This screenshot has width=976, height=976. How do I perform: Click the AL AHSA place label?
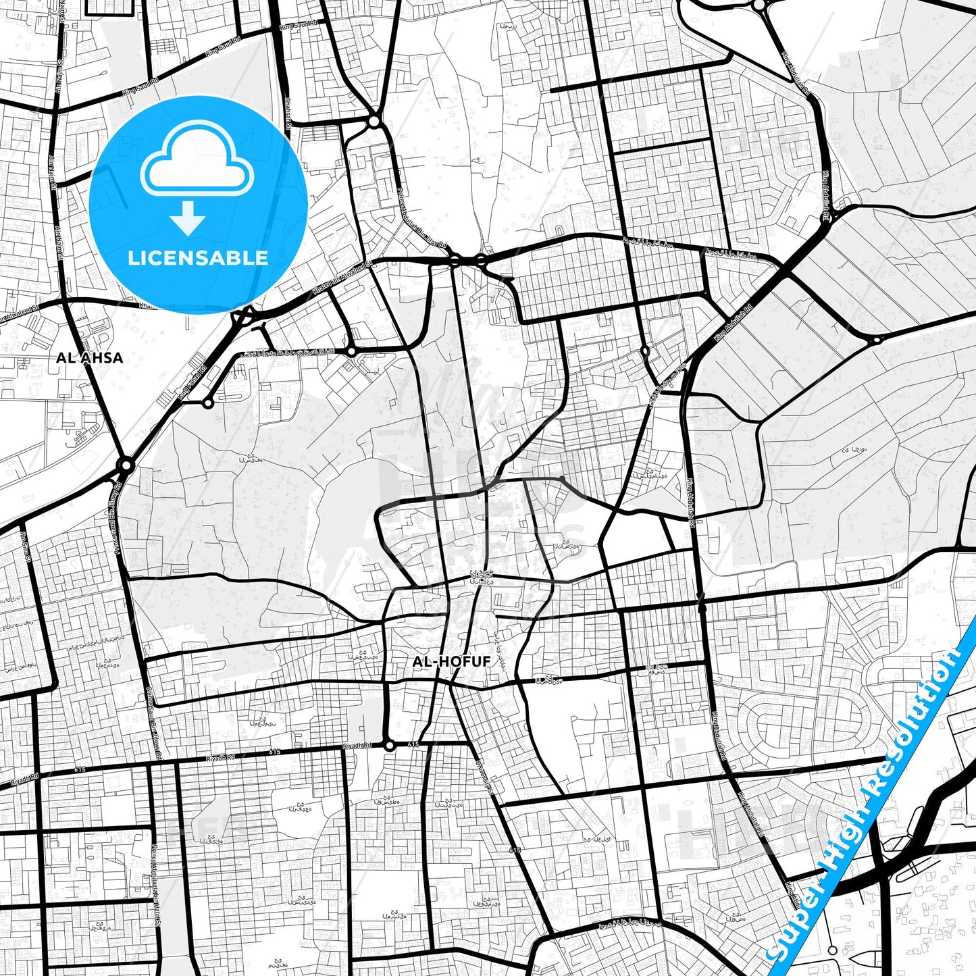[x=89, y=358]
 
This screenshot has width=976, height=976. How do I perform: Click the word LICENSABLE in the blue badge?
[x=198, y=258]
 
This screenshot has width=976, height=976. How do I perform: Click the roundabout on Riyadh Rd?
[x=389, y=746]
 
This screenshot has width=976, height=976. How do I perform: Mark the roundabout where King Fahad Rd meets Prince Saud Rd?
[x=125, y=465]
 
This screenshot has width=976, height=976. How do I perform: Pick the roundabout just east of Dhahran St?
[x=374, y=122]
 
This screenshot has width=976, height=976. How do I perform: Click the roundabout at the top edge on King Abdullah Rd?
[x=760, y=5]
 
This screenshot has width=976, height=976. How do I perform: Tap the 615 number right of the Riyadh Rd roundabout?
[x=413, y=744]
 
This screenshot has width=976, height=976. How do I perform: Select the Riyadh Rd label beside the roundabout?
[x=357, y=746]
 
